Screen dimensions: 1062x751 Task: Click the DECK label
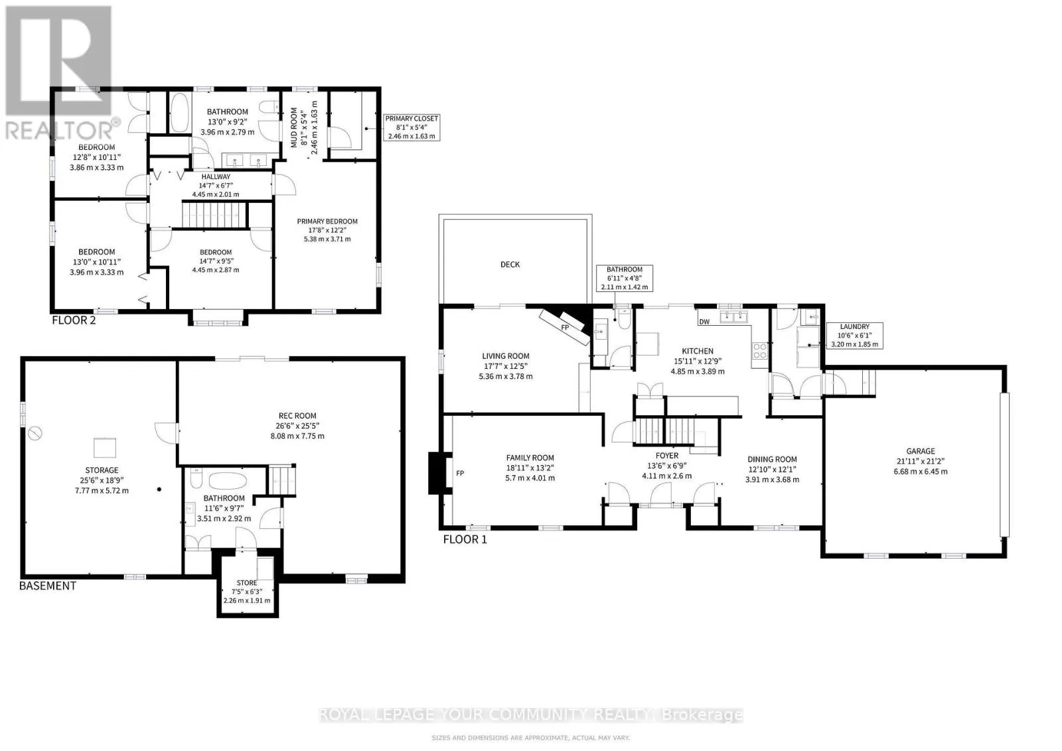(510, 265)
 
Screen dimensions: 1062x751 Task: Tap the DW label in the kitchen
(704, 322)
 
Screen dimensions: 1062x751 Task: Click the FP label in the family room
(460, 473)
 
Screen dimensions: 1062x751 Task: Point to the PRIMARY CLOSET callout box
(412, 127)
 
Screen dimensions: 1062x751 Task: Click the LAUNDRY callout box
(854, 336)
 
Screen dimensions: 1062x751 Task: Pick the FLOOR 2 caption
(74, 320)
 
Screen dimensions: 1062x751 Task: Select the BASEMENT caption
(47, 586)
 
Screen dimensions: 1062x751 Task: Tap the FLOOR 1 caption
(465, 539)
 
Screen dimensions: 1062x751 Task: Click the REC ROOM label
(297, 415)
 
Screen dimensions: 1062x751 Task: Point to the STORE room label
(246, 582)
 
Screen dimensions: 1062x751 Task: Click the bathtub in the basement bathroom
(228, 481)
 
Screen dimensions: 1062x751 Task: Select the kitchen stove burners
(759, 351)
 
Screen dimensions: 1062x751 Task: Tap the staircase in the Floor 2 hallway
(215, 215)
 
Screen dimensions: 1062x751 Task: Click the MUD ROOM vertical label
(294, 127)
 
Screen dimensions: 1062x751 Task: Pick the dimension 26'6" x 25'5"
(297, 425)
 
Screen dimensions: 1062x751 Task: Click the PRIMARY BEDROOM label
(327, 222)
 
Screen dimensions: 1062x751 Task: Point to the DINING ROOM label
(772, 459)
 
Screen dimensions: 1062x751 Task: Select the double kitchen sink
(733, 316)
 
